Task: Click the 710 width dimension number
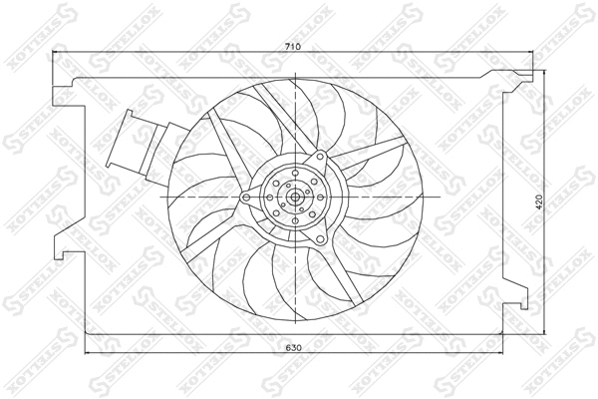coord(292,47)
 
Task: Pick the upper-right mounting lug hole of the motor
coord(320,160)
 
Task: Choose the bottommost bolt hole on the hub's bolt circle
coord(296,216)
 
